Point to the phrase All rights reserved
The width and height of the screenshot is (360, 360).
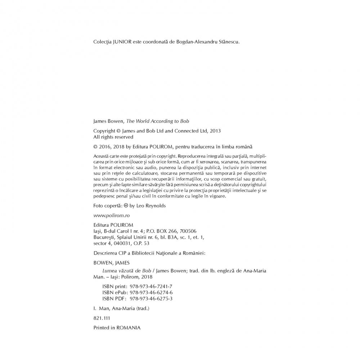pyautogui.click(x=113, y=137)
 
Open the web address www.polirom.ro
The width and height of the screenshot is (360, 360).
pyautogui.click(x=111, y=215)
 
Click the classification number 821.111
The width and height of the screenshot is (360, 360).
pyautogui.click(x=101, y=318)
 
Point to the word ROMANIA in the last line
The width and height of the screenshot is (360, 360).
pyautogui.click(x=128, y=328)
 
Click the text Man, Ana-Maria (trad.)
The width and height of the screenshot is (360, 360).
pyautogui.click(x=124, y=309)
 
